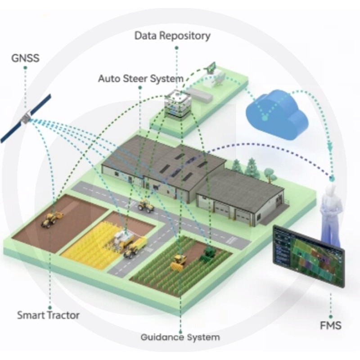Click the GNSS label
tap(26, 58)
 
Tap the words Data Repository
tap(172, 36)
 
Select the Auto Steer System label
tap(140, 79)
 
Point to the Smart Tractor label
tap(48, 315)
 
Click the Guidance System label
tap(180, 337)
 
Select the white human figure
tap(331, 211)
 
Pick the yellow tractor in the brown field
tap(51, 220)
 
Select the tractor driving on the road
tap(146, 206)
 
